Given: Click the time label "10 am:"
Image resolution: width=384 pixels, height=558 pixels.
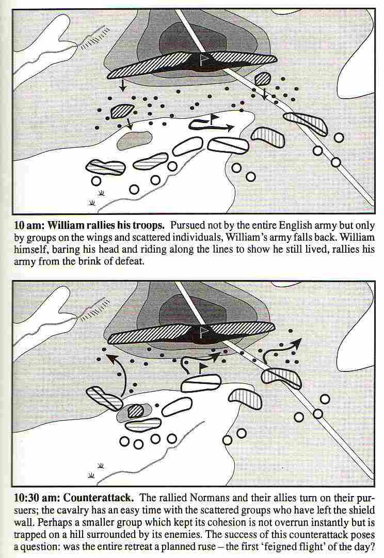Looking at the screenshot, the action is pos(29,226).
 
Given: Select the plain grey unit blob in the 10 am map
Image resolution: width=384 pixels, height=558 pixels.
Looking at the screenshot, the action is pos(134,139).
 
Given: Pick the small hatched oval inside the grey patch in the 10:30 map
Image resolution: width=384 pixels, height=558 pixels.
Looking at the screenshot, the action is pos(135,411).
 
